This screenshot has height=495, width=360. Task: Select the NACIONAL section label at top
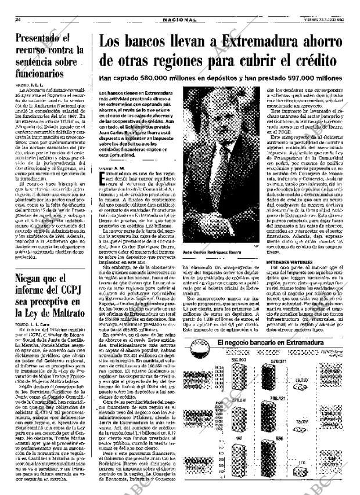[x=179, y=19]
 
